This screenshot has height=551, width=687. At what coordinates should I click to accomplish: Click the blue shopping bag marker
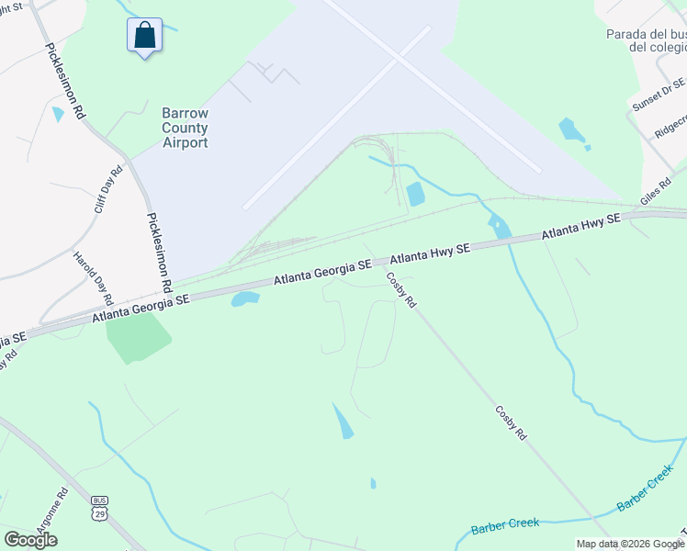coord(144,36)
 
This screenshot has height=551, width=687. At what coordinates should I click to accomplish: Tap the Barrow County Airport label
coord(185,128)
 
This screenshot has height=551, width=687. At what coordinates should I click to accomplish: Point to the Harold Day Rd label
coord(93,278)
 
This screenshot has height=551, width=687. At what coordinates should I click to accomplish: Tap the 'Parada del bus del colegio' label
coord(646,40)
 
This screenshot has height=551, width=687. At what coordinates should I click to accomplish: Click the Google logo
coord(30,539)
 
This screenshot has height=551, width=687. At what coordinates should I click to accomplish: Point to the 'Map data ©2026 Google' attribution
coord(631,544)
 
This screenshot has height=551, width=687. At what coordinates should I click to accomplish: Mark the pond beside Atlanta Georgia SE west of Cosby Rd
coord(245,298)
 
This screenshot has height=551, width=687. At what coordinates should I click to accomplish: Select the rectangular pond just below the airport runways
coord(415,194)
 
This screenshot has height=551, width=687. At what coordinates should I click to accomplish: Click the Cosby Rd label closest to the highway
coord(400,290)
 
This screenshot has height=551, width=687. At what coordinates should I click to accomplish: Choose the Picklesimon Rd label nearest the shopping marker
coord(65,82)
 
